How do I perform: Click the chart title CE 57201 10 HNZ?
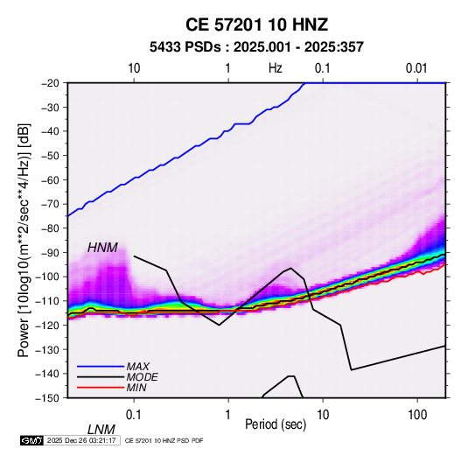[x=256, y=25]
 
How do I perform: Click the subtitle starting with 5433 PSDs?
[x=256, y=47]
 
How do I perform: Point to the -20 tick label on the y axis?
[x=53, y=83]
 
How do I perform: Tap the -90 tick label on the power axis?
[x=53, y=252]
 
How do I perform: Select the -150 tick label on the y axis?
[x=51, y=398]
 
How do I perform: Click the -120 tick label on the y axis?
[x=51, y=325]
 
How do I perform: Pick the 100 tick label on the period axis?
[x=417, y=415]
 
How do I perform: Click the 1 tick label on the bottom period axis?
[x=228, y=415]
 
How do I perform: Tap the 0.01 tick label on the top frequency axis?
[x=416, y=68]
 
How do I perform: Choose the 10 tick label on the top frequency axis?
[x=134, y=68]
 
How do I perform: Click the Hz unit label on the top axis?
[x=276, y=68]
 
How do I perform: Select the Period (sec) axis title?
[x=276, y=424]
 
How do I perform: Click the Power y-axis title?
[x=24, y=240]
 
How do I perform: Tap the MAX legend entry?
[x=137, y=366]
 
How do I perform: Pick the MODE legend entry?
[x=142, y=377]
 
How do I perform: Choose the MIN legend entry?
[x=136, y=388]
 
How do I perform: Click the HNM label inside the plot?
[x=102, y=248]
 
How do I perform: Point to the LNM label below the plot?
[x=101, y=430]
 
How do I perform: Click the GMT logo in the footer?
[x=32, y=440]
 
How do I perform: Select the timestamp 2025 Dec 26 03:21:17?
[x=81, y=440]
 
